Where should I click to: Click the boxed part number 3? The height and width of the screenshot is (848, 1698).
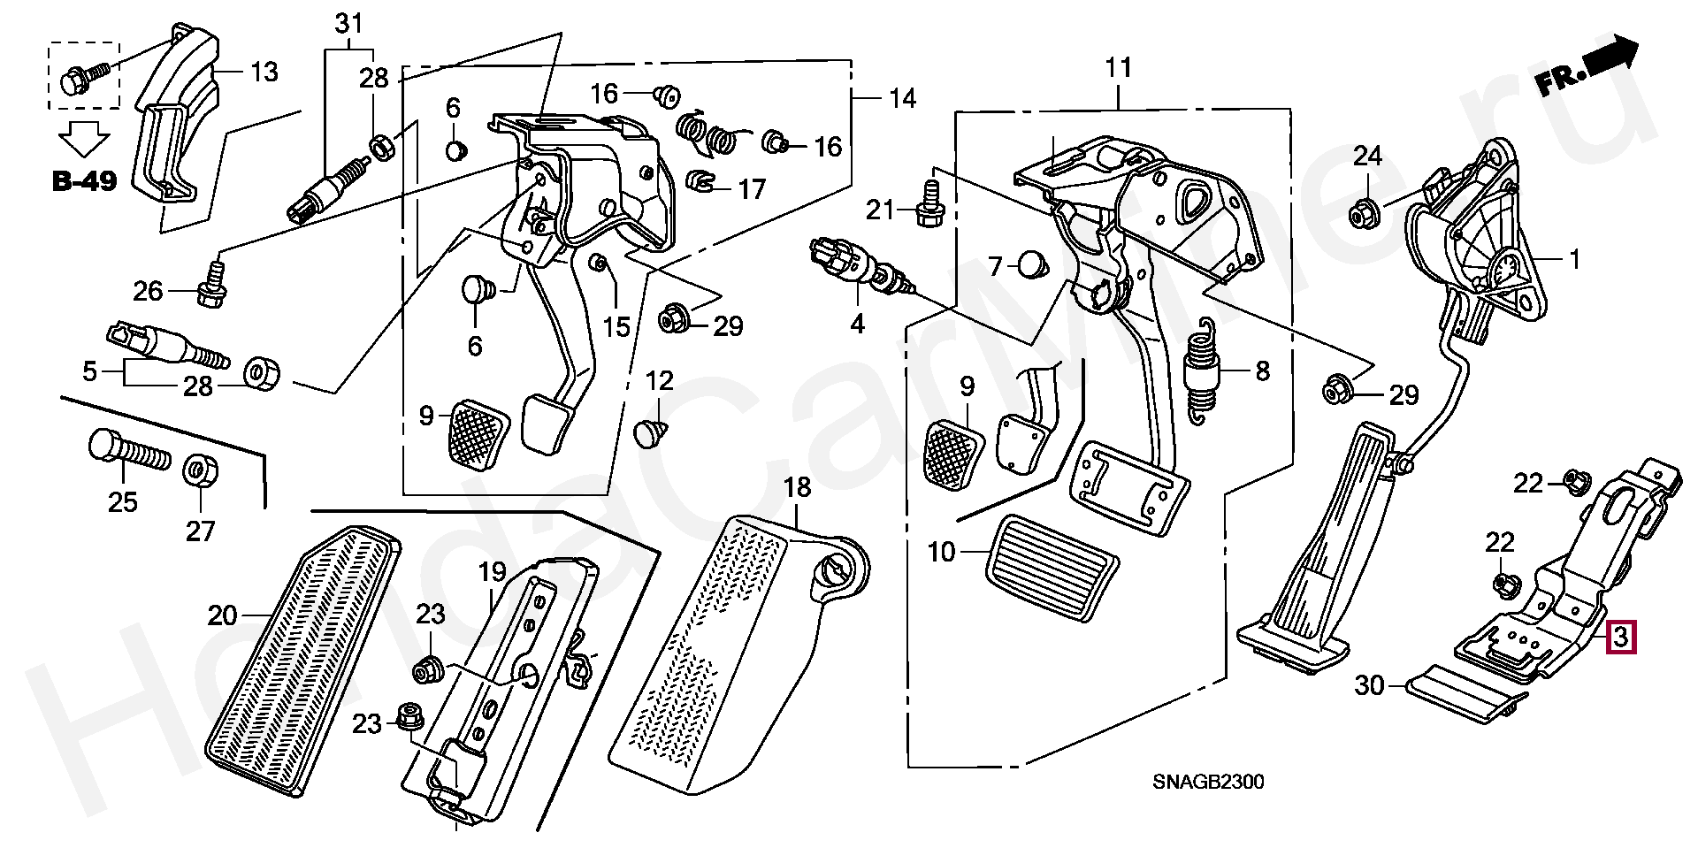point(1621,637)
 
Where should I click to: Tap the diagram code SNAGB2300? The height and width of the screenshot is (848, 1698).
point(1207,783)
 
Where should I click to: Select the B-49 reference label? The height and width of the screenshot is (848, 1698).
point(84,181)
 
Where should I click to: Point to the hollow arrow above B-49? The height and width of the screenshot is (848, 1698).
point(85,140)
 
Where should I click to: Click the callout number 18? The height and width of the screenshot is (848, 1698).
point(797,487)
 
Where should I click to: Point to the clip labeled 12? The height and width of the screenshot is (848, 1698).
point(652,434)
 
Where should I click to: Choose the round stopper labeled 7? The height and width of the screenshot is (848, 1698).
point(1029,264)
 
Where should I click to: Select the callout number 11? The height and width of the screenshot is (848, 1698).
point(1118,68)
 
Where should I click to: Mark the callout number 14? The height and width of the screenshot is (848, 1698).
point(902,98)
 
